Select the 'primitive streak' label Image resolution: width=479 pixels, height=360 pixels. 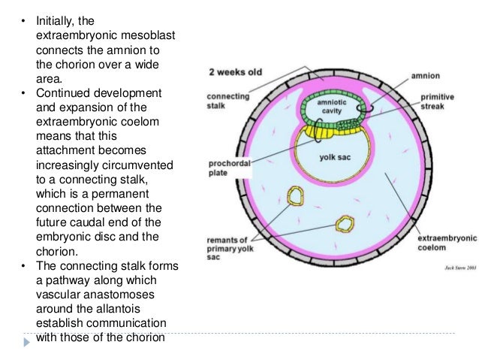pos(436,103)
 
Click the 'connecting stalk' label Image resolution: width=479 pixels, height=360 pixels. pos(227,102)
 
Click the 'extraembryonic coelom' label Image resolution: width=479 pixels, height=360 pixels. pos(446,242)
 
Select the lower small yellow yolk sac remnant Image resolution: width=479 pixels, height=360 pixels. pos(345,224)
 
